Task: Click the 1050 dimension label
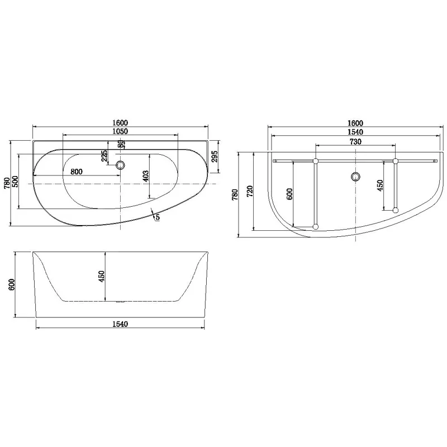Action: pyautogui.click(x=120, y=131)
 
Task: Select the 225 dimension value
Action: pyautogui.click(x=104, y=156)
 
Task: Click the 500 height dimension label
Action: pyautogui.click(x=16, y=182)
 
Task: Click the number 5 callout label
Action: pyautogui.click(x=158, y=217)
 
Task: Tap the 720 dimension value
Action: pyautogui.click(x=250, y=191)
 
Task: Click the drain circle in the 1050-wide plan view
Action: pyautogui.click(x=120, y=165)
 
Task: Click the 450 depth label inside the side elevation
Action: pyautogui.click(x=102, y=277)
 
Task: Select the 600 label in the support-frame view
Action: pyautogui.click(x=289, y=194)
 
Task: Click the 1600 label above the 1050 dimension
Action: pyautogui.click(x=120, y=122)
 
